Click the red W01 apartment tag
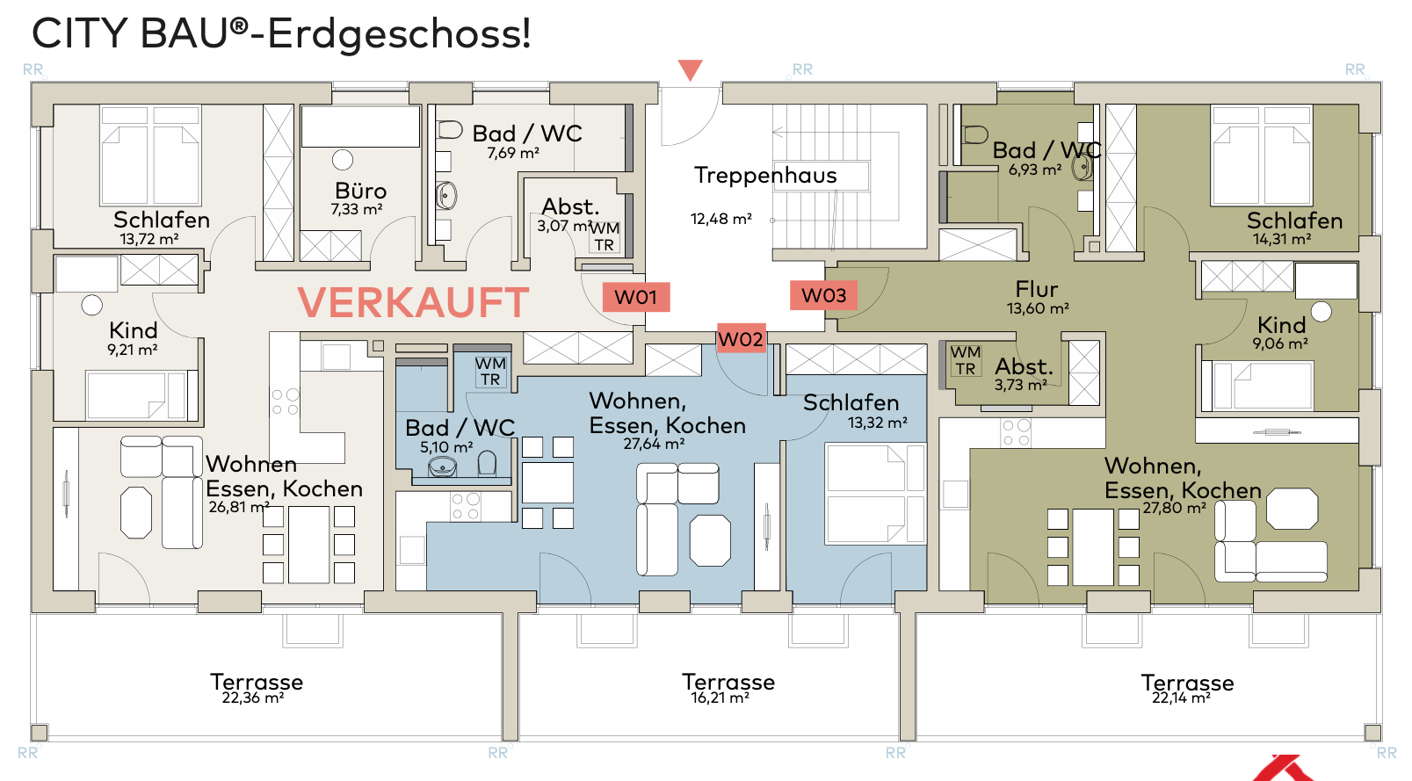click(x=635, y=297)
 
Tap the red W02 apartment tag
click(x=741, y=339)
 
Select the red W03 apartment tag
click(x=823, y=295)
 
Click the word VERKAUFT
click(x=413, y=303)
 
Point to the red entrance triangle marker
click(x=691, y=69)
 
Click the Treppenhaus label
click(x=765, y=175)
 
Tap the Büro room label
click(x=360, y=191)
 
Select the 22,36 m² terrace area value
click(x=253, y=698)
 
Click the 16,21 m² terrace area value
click(x=720, y=698)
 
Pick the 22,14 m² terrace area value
click(x=1181, y=698)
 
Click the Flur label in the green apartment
click(x=1037, y=289)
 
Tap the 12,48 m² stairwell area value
click(x=720, y=219)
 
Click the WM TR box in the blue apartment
click(x=490, y=371)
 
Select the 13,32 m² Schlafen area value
click(x=877, y=423)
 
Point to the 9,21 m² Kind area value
click(x=133, y=350)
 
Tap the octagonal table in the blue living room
click(x=710, y=540)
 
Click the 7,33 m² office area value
click(x=357, y=209)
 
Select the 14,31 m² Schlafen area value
click(x=1282, y=239)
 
